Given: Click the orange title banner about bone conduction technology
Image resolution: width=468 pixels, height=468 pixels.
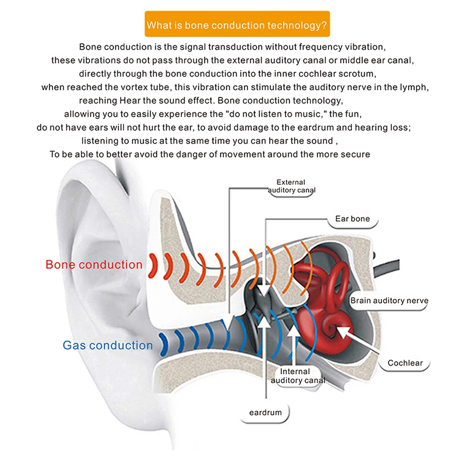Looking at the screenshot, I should [237, 24].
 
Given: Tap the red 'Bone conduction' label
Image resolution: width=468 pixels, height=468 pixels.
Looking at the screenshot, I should [94, 264].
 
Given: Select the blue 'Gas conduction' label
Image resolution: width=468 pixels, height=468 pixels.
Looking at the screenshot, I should [108, 345].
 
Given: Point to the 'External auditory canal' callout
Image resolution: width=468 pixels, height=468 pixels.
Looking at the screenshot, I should [291, 186].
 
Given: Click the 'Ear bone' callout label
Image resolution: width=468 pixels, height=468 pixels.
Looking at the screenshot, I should [352, 219].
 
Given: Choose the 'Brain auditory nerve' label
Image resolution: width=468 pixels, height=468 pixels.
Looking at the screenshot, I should [389, 301].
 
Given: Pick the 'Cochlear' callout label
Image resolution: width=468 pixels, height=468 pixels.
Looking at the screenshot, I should [405, 363].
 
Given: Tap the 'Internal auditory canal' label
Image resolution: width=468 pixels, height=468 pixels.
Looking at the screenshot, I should [297, 376].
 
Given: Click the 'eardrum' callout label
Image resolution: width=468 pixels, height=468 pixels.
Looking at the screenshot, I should [265, 412].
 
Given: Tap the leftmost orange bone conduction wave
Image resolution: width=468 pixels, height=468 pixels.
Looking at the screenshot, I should [152, 265].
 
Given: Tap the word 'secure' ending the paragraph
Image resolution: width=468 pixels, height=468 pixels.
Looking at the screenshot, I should [355, 154].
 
